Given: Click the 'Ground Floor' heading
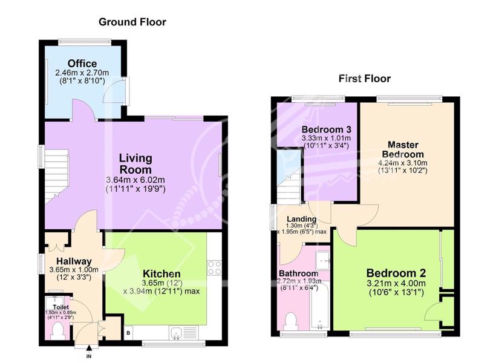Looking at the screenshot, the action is tap(132, 22).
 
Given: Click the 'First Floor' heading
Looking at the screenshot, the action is tap(364, 78).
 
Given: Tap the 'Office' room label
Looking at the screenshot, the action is tap(82, 64).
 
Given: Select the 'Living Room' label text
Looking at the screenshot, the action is tap(135, 164).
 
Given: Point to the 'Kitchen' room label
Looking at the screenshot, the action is tap(161, 273).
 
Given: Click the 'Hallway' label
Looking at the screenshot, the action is tap(74, 261).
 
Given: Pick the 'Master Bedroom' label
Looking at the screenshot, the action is tap(403, 149).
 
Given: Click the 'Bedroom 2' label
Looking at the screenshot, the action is tap(396, 273).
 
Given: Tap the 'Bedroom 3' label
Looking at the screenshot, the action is tap(327, 129).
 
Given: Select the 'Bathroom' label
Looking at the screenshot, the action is tap(299, 273).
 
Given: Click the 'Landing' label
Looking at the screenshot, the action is tap(302, 219).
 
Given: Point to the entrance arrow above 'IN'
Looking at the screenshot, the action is tap(89, 348).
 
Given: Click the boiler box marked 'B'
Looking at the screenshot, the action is tap(128, 333).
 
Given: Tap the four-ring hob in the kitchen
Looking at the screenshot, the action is tap(214, 267).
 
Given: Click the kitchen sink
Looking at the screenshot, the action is tap(175, 333).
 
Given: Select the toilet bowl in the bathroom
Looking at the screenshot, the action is tap(291, 322).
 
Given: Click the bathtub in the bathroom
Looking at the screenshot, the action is tap(319, 306).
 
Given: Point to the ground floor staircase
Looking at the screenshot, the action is tap(57, 177).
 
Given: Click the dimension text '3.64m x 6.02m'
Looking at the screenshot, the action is tap(135, 180).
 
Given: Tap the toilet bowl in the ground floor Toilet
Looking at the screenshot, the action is tap(58, 331).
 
